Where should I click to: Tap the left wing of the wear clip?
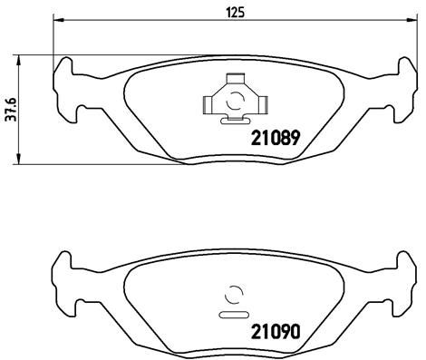[x=209, y=101]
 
